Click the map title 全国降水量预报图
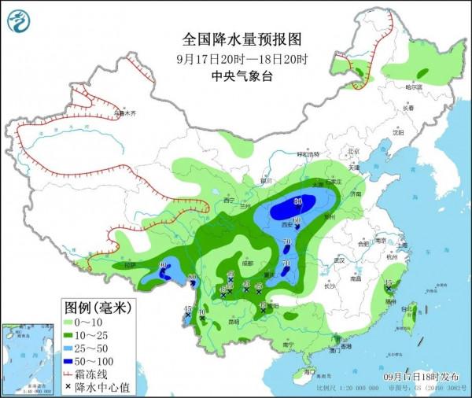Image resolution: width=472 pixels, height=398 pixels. (x=242, y=39)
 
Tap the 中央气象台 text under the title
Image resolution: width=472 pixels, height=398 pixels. (x=242, y=76)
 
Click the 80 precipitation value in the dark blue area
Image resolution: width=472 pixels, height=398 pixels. (x=298, y=202)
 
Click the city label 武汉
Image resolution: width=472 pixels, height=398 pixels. (x=340, y=260)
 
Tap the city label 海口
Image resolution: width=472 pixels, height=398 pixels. (x=309, y=371)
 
